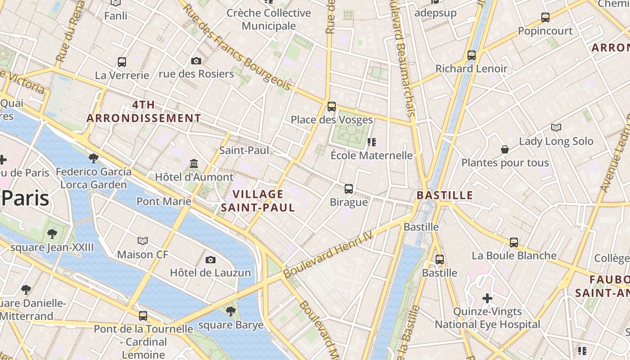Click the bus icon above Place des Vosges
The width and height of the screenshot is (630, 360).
coord(332,107)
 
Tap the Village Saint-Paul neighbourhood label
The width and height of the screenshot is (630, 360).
coord(258,201)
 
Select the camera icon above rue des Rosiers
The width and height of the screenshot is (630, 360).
coord(196,61)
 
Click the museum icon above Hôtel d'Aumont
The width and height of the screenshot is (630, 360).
coord(194,163)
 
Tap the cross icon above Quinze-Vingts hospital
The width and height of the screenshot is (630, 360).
coord(487,298)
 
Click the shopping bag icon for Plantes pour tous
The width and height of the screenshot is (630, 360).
coord(505,149)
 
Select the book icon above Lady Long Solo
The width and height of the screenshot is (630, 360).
coord(556,127)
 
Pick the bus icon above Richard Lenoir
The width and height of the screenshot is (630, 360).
coord(471,55)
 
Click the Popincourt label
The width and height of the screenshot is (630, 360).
coord(545,31)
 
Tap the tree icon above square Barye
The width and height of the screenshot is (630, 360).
coord(231,311)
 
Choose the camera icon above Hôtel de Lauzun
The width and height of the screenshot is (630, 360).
coord(210,260)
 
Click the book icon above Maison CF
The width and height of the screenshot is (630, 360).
coord(143,241)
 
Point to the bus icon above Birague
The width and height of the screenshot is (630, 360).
coord(349,189)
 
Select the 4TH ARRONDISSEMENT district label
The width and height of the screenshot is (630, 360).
coord(144,112)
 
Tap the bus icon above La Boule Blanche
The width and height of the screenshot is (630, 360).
coord(514,243)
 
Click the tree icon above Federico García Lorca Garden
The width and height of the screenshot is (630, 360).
coord(94,158)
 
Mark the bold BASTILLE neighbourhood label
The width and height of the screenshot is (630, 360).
coord(445,195)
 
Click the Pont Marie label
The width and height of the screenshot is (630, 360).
coord(164,201)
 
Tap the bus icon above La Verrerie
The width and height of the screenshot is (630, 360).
coord(122,62)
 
